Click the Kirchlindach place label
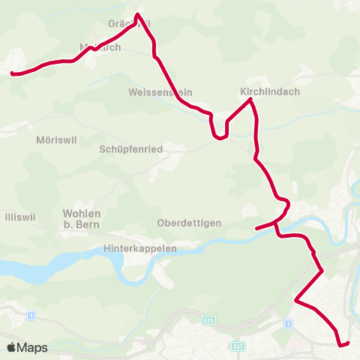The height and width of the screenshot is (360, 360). point(269,91)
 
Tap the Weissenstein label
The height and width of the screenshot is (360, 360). point(160,92)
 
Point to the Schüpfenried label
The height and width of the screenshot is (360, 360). point(131,149)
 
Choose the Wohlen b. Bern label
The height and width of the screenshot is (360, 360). point(82,218)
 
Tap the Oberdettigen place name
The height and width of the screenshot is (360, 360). point(189,223)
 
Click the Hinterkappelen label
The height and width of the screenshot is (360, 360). point(141,248)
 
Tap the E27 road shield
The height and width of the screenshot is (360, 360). point(238,346)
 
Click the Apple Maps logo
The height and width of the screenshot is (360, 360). point(27,347)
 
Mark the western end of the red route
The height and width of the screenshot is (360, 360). point(11,73)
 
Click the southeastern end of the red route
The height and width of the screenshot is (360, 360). point(349,343)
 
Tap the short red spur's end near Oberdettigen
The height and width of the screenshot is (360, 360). point(256,228)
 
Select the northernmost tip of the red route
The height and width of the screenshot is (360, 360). point(137,13)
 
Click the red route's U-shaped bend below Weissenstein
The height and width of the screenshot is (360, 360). point(220,137)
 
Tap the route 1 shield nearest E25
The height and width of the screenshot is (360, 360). point(288,323)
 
